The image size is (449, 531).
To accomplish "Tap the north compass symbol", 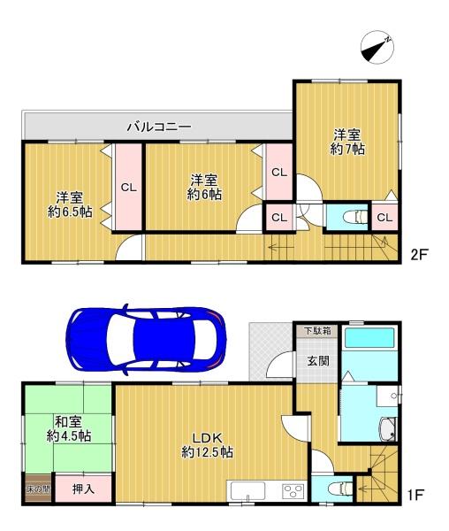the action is point(377,47).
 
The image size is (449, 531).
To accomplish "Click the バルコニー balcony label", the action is point(159,127).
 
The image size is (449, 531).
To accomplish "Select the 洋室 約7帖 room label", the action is point(347,142).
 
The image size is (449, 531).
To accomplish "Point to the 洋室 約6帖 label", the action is point(204,187).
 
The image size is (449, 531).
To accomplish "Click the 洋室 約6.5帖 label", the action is point(70,204).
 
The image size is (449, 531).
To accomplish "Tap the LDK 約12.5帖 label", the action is point(207,445).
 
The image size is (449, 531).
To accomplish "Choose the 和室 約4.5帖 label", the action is point(69,428).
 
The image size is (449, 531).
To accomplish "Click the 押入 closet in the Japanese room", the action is point(83,489).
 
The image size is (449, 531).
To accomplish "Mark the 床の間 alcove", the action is point(38,489).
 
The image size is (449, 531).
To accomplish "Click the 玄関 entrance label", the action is point(318,361).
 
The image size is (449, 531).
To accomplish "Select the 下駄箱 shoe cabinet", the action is point(317,330).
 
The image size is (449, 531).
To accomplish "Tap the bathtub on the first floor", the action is point(369,337).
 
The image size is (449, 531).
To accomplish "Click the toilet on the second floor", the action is point(354,217).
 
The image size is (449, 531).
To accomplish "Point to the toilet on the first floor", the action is point(340,489).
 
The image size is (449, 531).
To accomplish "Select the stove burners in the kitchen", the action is point(293,491).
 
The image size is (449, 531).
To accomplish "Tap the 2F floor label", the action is point(419,254).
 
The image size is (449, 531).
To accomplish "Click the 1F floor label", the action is point(415,496).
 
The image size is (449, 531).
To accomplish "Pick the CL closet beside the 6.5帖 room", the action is point(128,187).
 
